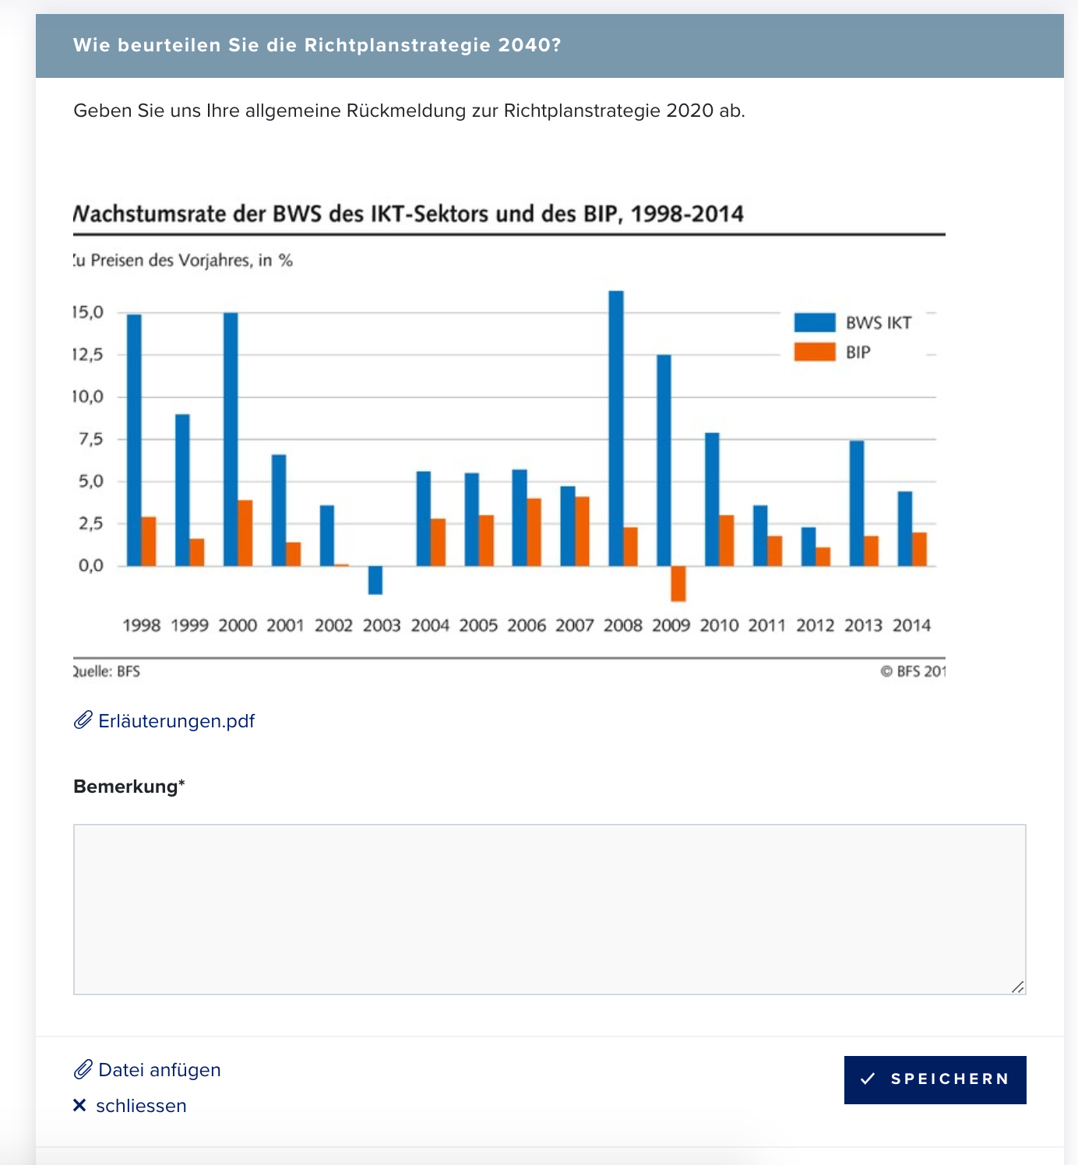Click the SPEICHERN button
[x=935, y=1079]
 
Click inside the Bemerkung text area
[x=549, y=909]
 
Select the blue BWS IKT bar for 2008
[x=616, y=428]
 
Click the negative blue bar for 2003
[x=375, y=580]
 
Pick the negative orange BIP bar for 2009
[x=678, y=584]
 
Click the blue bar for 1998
[x=134, y=440]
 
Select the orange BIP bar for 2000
[x=245, y=533]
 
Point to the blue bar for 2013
[x=857, y=503]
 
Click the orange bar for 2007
[x=582, y=531]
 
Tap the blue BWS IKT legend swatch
[x=815, y=322]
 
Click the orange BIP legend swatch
[x=815, y=352]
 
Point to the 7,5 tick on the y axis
[x=91, y=438]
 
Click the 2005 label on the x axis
[x=478, y=625]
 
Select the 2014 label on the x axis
[x=911, y=625]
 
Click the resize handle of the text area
[x=1017, y=987]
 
